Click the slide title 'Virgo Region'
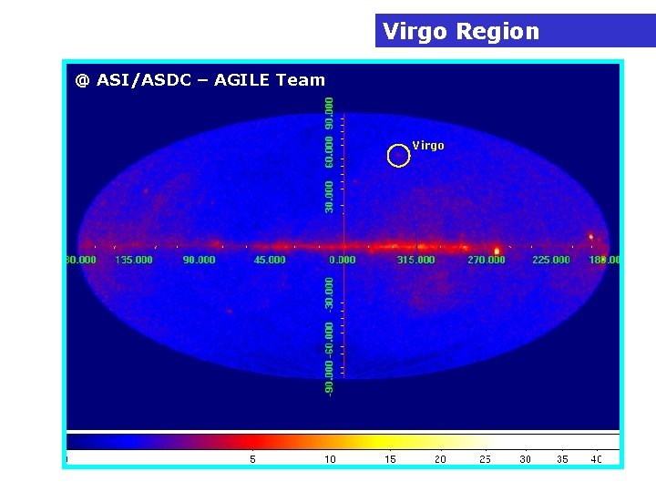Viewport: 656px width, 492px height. pyautogui.click(x=461, y=32)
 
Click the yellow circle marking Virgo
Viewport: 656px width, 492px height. pyautogui.click(x=398, y=156)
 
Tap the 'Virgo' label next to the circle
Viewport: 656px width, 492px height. pyautogui.click(x=428, y=146)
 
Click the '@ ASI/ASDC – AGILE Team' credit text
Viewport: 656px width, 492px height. pyautogui.click(x=200, y=80)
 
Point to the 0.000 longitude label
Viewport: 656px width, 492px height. pyautogui.click(x=343, y=261)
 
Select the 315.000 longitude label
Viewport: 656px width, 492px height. pyautogui.click(x=415, y=261)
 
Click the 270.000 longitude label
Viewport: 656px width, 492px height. pyautogui.click(x=486, y=261)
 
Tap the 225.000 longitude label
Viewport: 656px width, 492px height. pyautogui.click(x=550, y=261)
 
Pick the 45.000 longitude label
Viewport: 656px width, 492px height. pyautogui.click(x=269, y=261)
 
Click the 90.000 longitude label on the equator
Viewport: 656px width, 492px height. pyautogui.click(x=199, y=261)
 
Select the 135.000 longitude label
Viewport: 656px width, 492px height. pyautogui.click(x=134, y=261)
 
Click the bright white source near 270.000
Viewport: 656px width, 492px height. pyautogui.click(x=497, y=250)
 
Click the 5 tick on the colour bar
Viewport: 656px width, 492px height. pyautogui.click(x=252, y=459)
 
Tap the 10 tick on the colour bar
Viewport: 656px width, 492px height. pyautogui.click(x=330, y=459)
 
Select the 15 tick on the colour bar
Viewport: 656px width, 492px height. pyautogui.click(x=390, y=459)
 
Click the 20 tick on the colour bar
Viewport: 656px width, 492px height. pyautogui.click(x=440, y=459)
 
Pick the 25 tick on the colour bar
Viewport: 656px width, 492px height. pyautogui.click(x=485, y=459)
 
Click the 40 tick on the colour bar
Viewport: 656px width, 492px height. pyautogui.click(x=596, y=459)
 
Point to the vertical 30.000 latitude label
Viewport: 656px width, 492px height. pyautogui.click(x=329, y=197)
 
